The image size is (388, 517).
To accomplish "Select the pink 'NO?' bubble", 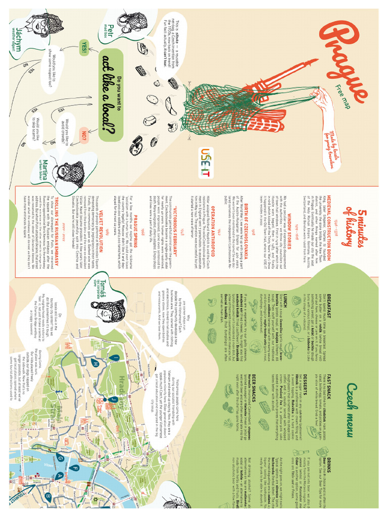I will point(84,136).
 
